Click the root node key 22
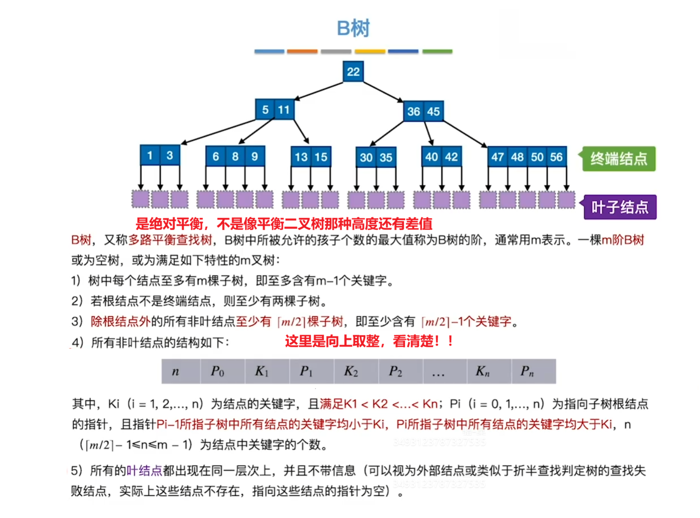point(353,71)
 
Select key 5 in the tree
point(265,110)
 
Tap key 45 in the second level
point(433,111)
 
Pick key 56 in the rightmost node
point(556,157)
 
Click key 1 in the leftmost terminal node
point(149,155)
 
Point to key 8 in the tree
point(235,156)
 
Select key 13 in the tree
point(301,157)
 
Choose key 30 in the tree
point(366,158)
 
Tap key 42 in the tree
point(451,157)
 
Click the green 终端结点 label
point(618,159)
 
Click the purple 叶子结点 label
point(619,207)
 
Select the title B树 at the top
point(353,29)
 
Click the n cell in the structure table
point(175,371)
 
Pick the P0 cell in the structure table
point(217,371)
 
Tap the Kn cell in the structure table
point(482,371)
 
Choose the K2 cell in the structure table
point(351,371)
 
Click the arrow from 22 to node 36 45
point(383,91)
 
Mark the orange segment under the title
point(302,52)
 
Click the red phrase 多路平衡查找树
point(170,240)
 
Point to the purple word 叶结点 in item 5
point(144,471)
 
